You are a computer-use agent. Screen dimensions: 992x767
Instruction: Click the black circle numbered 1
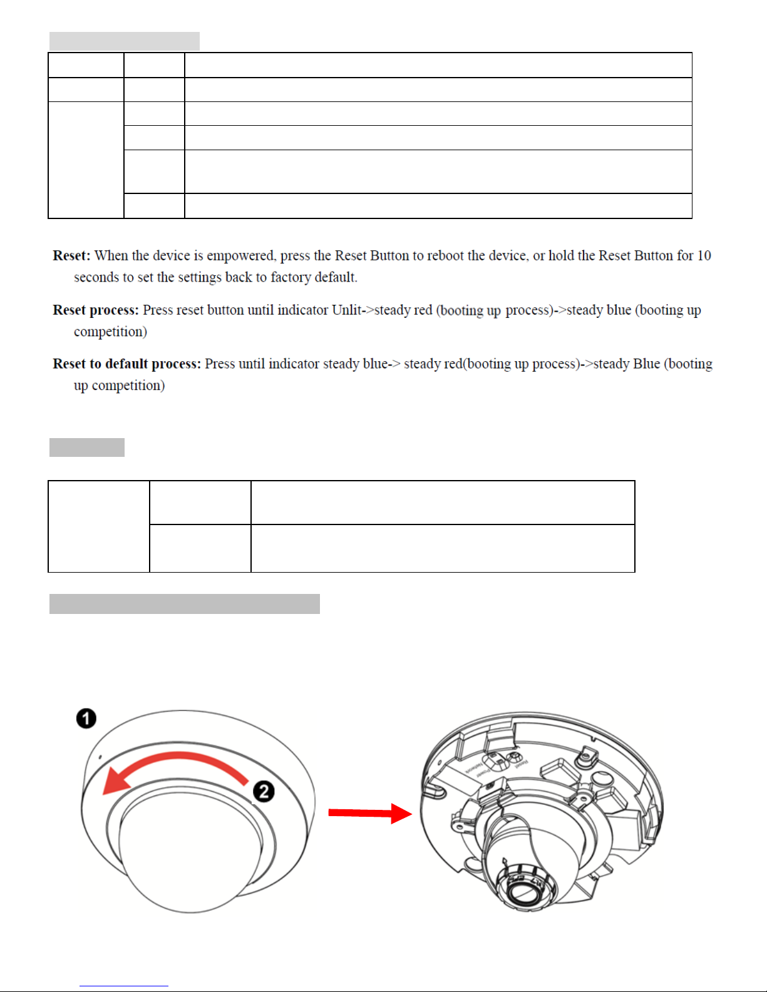pos(86,718)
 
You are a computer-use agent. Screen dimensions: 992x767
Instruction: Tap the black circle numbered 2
pos(264,791)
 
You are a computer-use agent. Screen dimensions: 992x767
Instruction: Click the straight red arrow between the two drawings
pos(369,813)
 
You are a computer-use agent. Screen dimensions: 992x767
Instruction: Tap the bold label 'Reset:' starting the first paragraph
pos(71,255)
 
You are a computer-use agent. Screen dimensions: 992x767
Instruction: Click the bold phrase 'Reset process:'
pos(95,310)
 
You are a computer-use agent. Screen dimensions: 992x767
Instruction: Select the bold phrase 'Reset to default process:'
pos(126,364)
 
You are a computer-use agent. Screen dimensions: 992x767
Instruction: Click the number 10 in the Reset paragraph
pos(704,255)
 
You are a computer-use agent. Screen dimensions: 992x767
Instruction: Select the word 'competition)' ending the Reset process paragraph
pos(110,332)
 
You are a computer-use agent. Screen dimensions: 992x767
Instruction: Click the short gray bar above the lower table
pos(87,447)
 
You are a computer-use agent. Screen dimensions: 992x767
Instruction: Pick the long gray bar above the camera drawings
pos(185,604)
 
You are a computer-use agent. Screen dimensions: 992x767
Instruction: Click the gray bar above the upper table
pos(125,41)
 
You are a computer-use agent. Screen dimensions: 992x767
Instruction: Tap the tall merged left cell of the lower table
pos(99,526)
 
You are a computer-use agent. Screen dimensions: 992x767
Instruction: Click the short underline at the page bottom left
pos(124,986)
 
